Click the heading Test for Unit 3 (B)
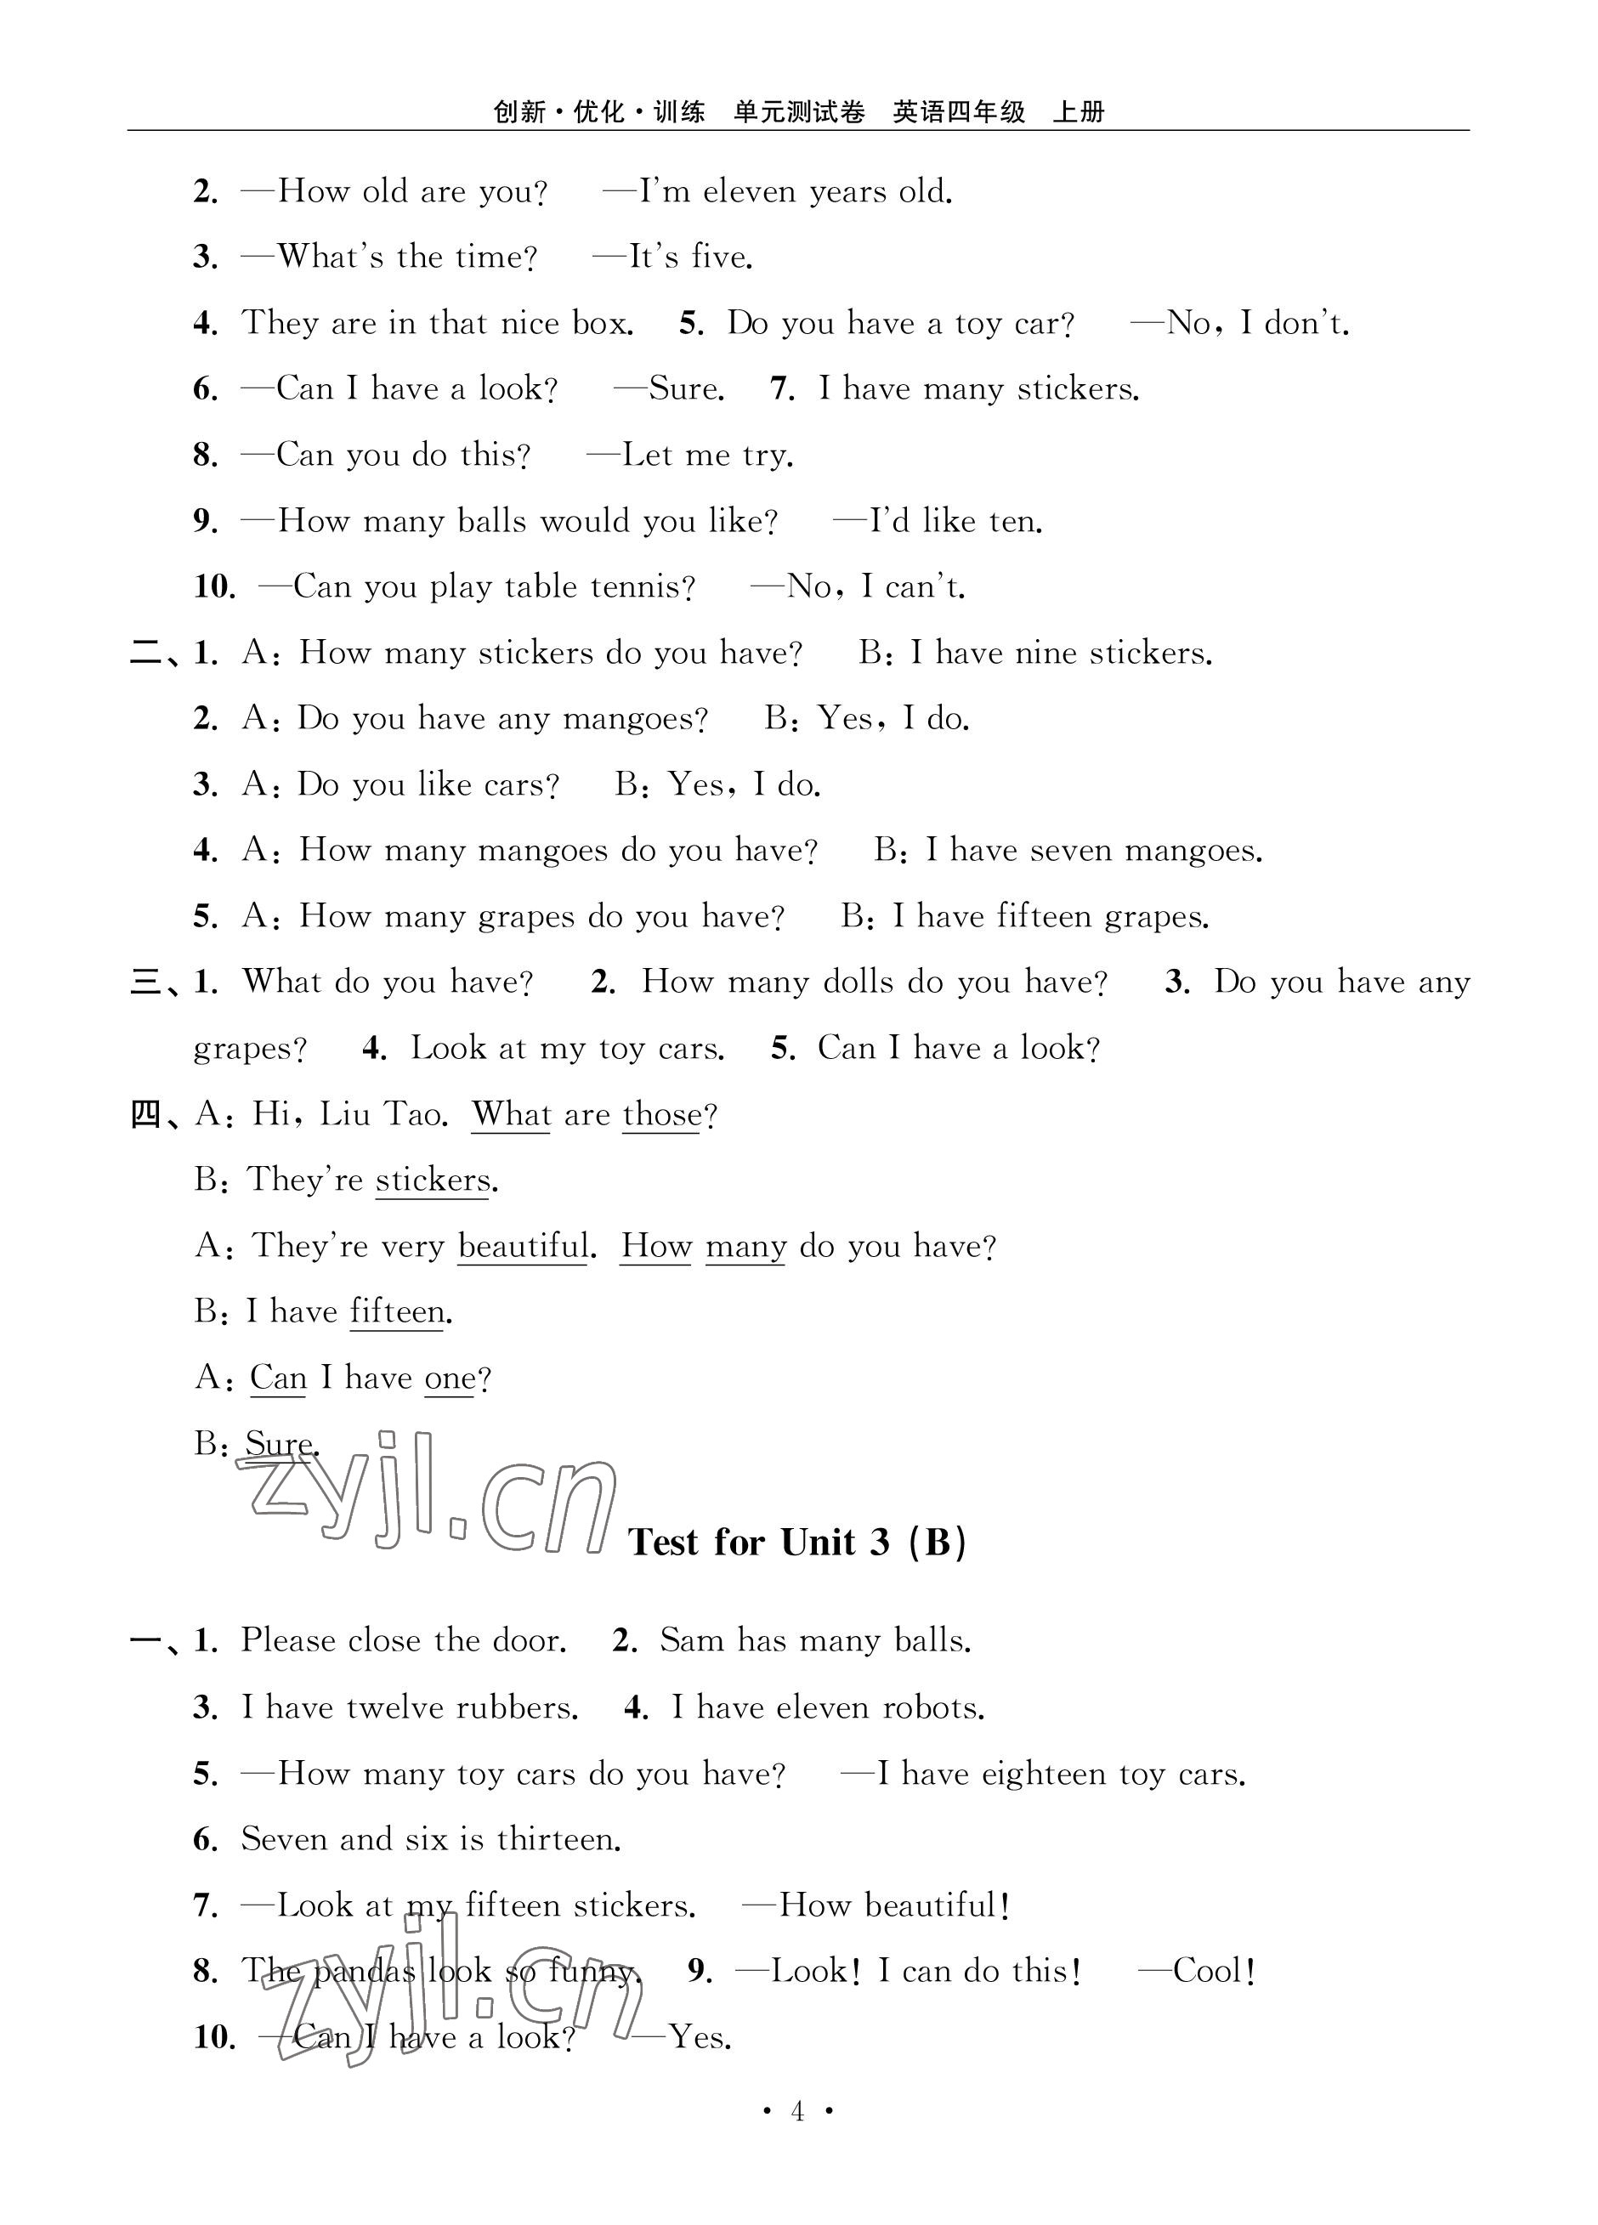(797, 1543)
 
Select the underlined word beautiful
(523, 1246)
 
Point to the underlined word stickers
(433, 1180)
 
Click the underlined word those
(662, 1114)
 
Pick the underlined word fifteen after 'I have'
(397, 1311)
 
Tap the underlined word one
(450, 1378)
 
